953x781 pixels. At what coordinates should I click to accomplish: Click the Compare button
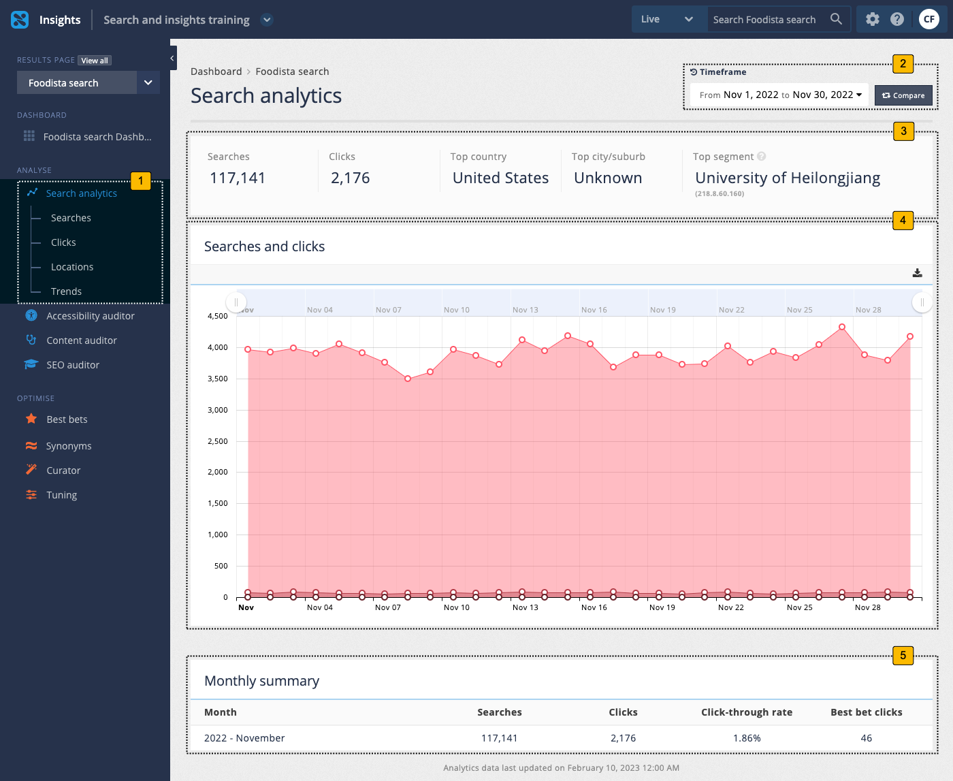tap(903, 95)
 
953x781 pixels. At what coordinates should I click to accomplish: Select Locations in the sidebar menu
tap(72, 267)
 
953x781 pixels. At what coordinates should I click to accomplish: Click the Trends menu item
tap(66, 291)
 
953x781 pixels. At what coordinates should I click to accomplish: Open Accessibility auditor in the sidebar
tap(90, 316)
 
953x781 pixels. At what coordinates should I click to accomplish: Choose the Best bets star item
tap(67, 419)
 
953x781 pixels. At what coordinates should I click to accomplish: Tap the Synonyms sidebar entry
tap(68, 446)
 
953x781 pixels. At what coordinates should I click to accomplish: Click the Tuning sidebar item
tap(61, 495)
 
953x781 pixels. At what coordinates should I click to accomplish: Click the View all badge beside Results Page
tap(95, 61)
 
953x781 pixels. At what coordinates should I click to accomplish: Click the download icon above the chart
tap(917, 273)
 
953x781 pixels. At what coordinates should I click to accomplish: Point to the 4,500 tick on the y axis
tap(218, 316)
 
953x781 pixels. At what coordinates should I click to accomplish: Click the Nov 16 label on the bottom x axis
tap(594, 607)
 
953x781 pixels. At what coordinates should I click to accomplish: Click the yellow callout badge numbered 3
tap(903, 131)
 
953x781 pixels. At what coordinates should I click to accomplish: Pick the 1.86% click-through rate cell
tap(747, 738)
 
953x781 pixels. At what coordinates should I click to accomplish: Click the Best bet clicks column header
tap(866, 712)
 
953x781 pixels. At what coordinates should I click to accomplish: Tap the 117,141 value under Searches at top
tap(238, 178)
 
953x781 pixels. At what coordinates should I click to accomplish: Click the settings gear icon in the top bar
tap(873, 19)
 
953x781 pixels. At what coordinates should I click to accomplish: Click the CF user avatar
tap(928, 19)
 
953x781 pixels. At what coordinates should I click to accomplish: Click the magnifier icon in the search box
tap(836, 19)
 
